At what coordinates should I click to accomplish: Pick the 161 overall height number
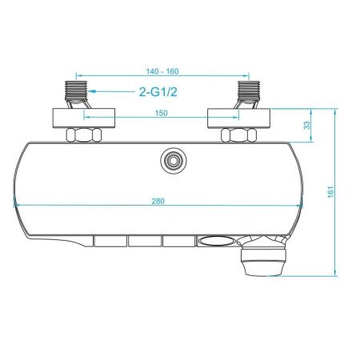point(329,192)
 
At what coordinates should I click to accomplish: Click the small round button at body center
point(170,160)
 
